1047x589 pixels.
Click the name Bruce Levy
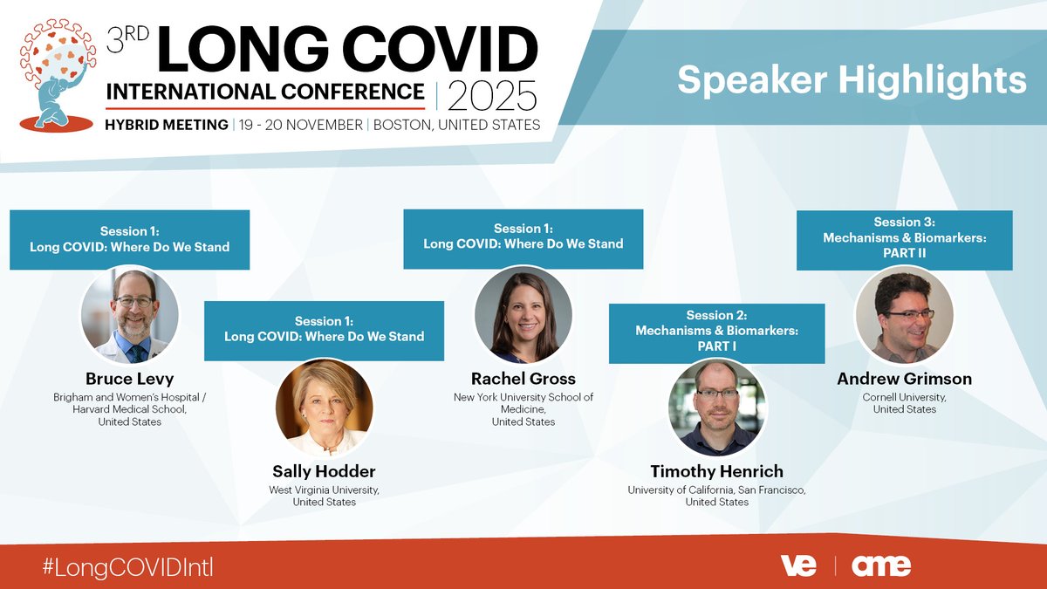(129, 379)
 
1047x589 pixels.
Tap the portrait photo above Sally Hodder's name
(324, 408)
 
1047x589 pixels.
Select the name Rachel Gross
(523, 379)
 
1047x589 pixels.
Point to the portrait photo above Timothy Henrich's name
(716, 408)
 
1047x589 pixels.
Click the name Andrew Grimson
(904, 379)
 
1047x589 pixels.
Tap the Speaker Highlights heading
(852, 79)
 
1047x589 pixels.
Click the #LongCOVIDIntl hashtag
(127, 566)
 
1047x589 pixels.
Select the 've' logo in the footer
(798, 565)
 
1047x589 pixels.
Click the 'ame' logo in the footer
(881, 565)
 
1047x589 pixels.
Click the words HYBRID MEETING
(167, 125)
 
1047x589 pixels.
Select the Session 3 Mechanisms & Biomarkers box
(904, 238)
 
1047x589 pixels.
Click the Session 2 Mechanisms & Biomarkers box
(716, 331)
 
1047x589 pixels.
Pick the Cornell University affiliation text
(904, 403)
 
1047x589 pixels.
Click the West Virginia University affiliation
(324, 496)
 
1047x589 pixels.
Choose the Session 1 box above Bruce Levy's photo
(129, 239)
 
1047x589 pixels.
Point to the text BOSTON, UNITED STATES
(456, 125)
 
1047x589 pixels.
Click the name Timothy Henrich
(716, 472)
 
